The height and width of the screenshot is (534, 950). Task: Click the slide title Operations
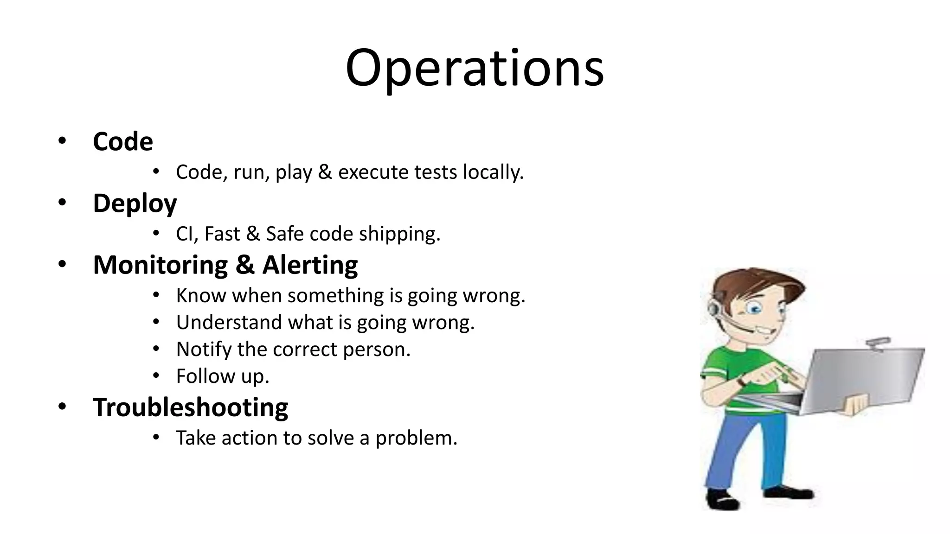[475, 68]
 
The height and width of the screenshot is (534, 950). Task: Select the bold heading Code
[122, 141]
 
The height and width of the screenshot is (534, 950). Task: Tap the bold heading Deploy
[135, 203]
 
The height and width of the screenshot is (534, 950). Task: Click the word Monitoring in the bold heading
[160, 265]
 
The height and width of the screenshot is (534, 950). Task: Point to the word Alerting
[310, 265]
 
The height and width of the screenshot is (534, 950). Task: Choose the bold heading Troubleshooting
[190, 407]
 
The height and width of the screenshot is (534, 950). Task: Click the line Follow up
[223, 376]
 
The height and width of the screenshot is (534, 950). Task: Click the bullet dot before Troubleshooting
[62, 407]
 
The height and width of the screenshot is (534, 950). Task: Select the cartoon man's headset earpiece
[713, 308]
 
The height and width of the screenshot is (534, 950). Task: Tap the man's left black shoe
[721, 500]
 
